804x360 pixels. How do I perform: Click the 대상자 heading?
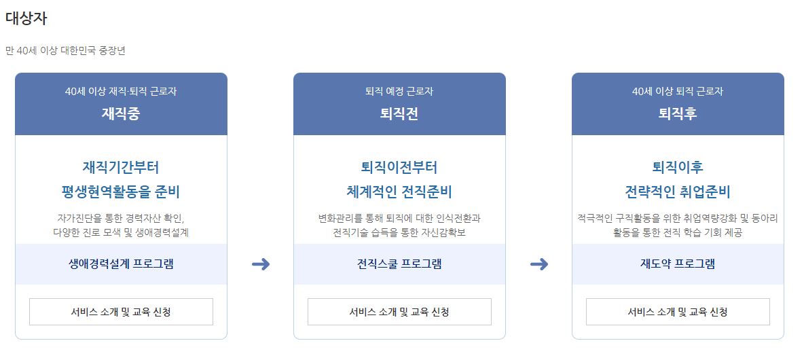click(26, 18)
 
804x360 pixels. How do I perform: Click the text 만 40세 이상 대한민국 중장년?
click(65, 50)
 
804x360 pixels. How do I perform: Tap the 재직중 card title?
click(121, 113)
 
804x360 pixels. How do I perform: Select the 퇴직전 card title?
click(399, 113)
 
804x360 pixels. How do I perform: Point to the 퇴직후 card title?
click(678, 113)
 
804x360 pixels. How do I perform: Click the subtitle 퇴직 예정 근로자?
click(399, 91)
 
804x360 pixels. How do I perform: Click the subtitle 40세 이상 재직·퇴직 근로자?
click(121, 91)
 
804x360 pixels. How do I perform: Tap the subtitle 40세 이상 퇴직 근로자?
click(678, 91)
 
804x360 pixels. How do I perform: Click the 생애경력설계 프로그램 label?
click(121, 264)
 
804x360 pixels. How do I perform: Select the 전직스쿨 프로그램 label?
click(399, 264)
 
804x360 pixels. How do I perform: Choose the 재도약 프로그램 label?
click(678, 264)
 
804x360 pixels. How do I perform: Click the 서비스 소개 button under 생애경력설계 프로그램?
click(121, 312)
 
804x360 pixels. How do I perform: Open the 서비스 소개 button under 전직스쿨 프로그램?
click(399, 312)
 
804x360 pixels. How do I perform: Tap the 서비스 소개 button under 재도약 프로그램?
click(678, 312)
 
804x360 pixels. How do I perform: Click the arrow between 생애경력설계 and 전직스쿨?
click(261, 264)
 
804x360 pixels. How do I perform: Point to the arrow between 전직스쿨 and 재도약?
click(539, 264)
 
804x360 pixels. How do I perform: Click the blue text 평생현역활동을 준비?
click(121, 192)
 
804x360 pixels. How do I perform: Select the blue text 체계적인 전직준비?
click(399, 192)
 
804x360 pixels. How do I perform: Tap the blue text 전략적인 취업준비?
click(678, 192)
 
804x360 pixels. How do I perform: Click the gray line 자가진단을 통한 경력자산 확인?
click(121, 218)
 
